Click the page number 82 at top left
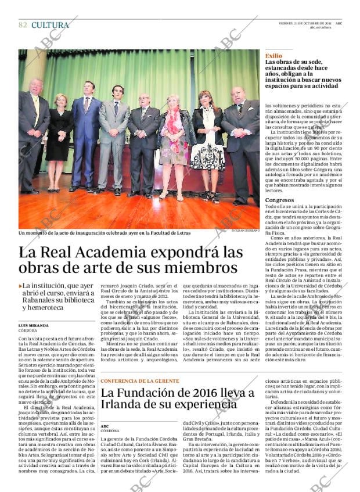pyautogui.click(x=23, y=25)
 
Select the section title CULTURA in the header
pyautogui.click(x=50, y=25)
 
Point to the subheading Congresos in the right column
pyautogui.click(x=279, y=200)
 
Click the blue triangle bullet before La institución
pyautogui.click(x=21, y=286)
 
